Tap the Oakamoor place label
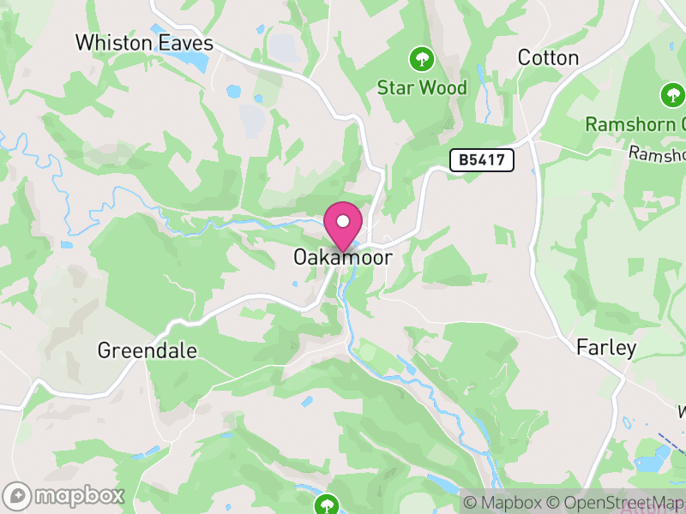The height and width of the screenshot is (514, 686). click(342, 257)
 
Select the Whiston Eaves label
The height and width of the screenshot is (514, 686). click(144, 43)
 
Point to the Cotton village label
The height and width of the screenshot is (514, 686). click(549, 58)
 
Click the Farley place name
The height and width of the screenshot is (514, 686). click(606, 348)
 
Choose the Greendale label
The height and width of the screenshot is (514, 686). click(147, 350)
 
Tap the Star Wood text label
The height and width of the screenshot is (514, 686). click(423, 87)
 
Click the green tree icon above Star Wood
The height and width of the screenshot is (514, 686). click(421, 59)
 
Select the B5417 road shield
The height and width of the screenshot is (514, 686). click(481, 159)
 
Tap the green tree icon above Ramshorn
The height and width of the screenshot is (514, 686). click(672, 95)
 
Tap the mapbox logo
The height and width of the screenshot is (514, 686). click(65, 495)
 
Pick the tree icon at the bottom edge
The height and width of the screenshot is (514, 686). click(326, 505)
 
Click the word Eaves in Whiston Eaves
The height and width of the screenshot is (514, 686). click(184, 43)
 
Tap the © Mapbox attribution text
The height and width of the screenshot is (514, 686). click(505, 502)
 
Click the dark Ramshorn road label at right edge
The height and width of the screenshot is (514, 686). click(658, 154)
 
